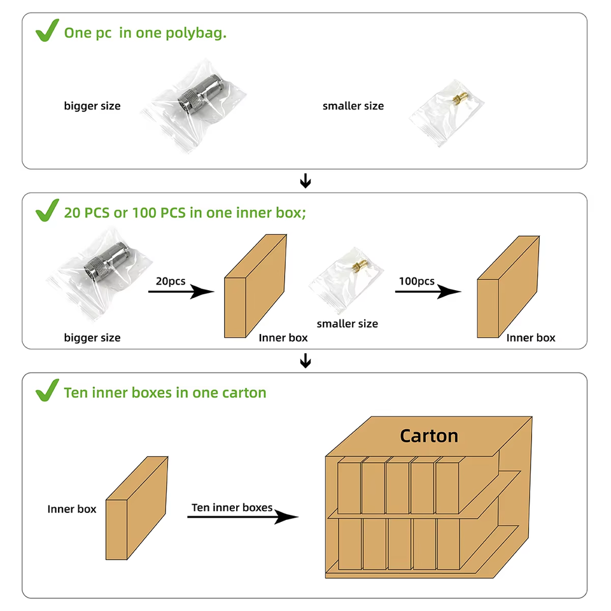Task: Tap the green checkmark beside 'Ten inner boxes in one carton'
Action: (47, 391)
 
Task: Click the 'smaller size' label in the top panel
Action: (353, 106)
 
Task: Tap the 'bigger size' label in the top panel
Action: (92, 106)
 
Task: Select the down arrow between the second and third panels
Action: (305, 361)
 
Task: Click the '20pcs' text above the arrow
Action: (171, 281)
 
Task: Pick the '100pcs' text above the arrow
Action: (417, 281)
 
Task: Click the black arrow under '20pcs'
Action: (181, 292)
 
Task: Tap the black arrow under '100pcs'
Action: (428, 292)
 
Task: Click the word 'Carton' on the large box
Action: (429, 436)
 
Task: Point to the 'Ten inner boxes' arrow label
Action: (232, 507)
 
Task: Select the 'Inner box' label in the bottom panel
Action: (72, 509)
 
